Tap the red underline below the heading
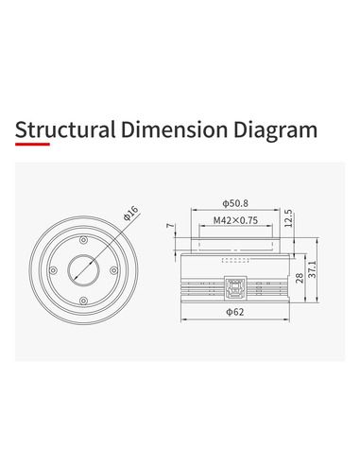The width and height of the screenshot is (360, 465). (x=46, y=146)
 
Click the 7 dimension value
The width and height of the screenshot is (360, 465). (x=171, y=226)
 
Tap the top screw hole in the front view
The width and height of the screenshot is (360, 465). (x=85, y=238)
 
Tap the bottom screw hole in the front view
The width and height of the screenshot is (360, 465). (x=85, y=302)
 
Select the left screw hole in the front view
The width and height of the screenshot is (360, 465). (x=53, y=270)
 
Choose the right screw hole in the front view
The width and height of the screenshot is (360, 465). (x=116, y=270)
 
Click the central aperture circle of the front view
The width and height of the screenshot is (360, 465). (x=85, y=270)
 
